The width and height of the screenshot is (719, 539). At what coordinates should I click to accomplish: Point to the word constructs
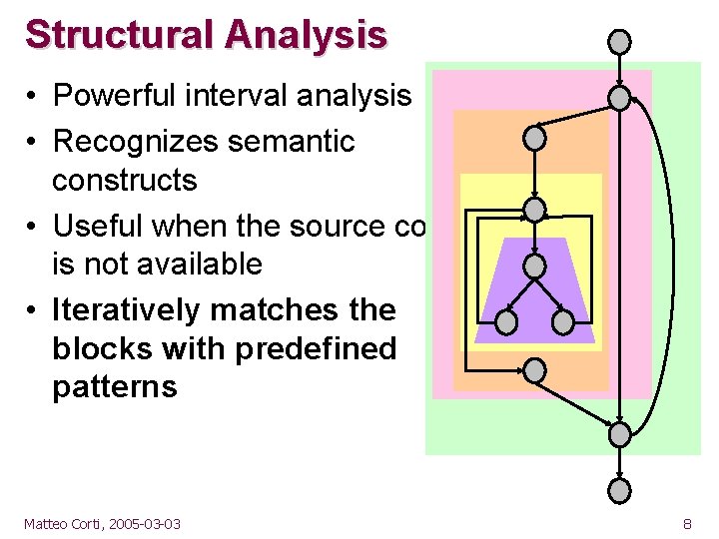click(125, 181)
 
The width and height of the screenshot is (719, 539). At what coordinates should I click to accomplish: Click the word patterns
click(115, 387)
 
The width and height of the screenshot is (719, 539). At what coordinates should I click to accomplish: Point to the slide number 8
click(687, 523)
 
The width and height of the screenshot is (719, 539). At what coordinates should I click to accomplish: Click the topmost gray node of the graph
click(620, 41)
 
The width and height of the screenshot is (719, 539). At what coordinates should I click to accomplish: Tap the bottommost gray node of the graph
click(620, 490)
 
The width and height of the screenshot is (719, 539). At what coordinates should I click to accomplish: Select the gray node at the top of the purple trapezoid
click(535, 267)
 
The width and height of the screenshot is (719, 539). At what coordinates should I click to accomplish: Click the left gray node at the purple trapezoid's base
click(507, 322)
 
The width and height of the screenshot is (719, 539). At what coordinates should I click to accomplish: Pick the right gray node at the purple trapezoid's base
click(563, 322)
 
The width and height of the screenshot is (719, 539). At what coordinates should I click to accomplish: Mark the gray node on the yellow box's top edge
click(535, 210)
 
